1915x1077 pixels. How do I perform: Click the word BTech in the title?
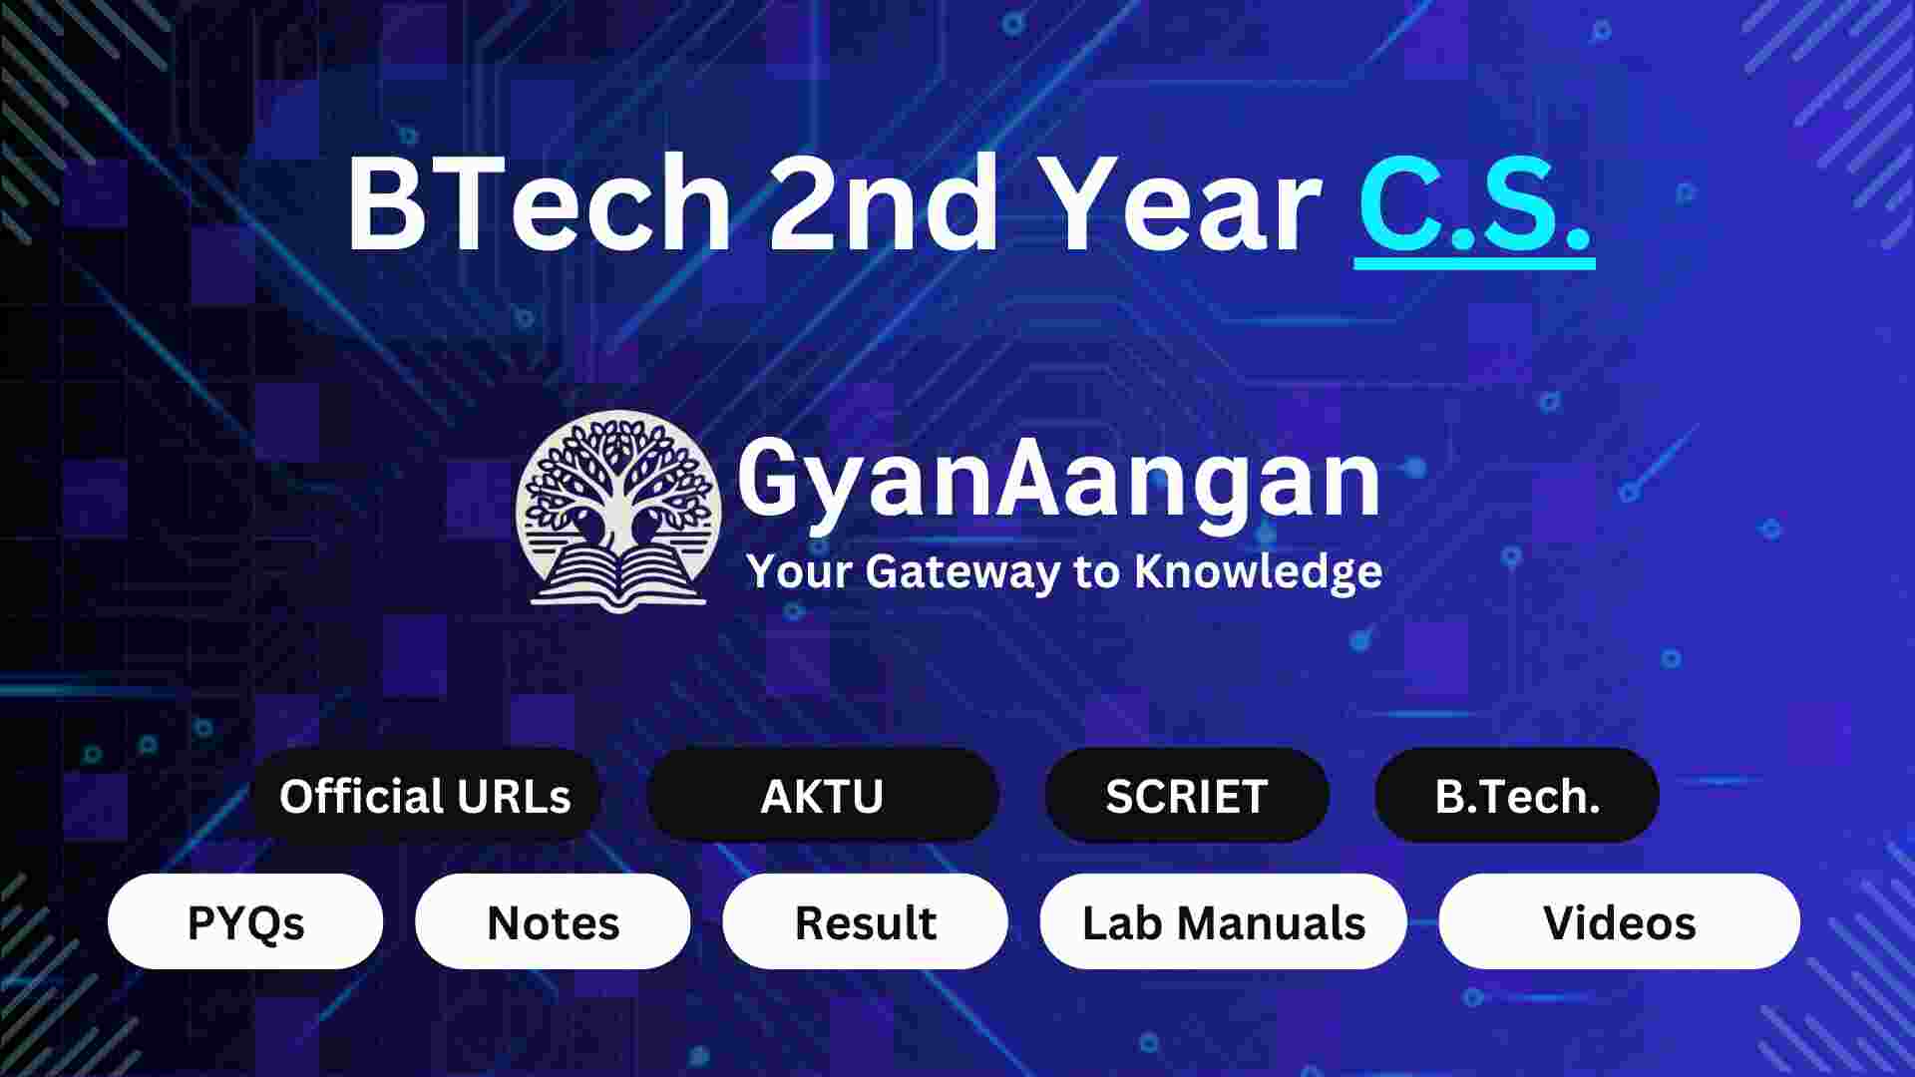(x=539, y=207)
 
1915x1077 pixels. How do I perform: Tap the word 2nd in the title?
(x=884, y=207)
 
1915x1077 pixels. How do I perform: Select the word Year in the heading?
(x=1187, y=207)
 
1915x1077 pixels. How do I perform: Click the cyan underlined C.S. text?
(x=1473, y=204)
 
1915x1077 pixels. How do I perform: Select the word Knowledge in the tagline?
(x=1259, y=572)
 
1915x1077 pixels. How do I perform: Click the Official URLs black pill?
(x=425, y=797)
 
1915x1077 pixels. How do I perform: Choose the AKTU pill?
(x=822, y=797)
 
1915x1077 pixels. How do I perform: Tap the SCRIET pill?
(x=1186, y=797)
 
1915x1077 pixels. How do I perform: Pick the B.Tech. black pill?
(x=1516, y=797)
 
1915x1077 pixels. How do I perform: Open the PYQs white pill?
(x=245, y=922)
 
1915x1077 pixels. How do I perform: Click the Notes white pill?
(x=553, y=922)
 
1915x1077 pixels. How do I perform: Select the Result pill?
(x=865, y=922)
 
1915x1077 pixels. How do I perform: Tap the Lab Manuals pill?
(x=1223, y=922)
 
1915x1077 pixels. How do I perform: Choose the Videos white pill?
(x=1619, y=922)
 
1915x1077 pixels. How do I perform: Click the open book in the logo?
(x=618, y=578)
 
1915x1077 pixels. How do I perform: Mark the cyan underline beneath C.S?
(x=1474, y=262)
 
